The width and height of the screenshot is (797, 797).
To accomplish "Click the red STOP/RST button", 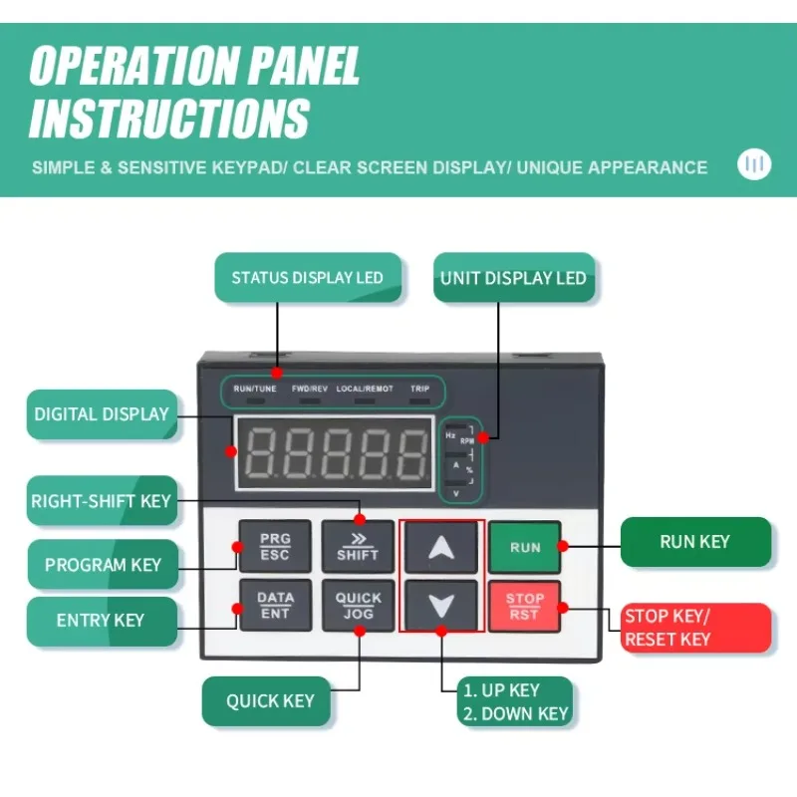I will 524,606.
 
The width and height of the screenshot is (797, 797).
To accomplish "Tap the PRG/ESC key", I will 275,546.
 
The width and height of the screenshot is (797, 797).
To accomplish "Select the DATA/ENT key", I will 275,606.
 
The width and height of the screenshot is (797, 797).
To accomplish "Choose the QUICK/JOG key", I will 358,606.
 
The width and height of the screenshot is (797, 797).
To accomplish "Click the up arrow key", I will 441,546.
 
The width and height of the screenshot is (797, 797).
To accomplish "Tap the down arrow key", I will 441,605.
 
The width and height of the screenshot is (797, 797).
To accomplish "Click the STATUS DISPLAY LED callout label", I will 307,278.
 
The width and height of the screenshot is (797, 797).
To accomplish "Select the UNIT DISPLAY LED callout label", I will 513,278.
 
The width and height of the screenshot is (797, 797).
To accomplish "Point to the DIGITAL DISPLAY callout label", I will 102,413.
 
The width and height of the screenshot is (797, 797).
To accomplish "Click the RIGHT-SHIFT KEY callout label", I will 102,501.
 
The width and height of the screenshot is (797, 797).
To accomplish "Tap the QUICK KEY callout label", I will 269,700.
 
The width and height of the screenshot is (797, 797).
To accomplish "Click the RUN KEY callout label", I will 695,542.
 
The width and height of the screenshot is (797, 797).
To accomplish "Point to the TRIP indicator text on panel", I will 419,389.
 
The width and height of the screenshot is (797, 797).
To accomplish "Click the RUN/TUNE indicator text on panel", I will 255,389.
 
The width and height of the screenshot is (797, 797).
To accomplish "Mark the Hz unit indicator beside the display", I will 450,435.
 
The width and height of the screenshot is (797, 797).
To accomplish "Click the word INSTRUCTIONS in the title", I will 169,117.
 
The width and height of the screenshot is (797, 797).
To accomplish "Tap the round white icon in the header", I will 754,163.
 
